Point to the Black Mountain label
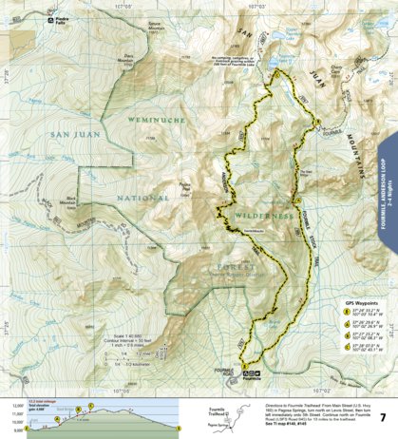pyautogui.click(x=47, y=203)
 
